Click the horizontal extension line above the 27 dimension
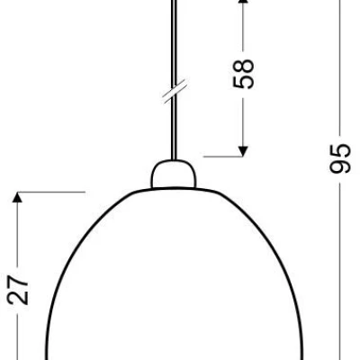[49, 191]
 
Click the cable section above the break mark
[171, 45]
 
